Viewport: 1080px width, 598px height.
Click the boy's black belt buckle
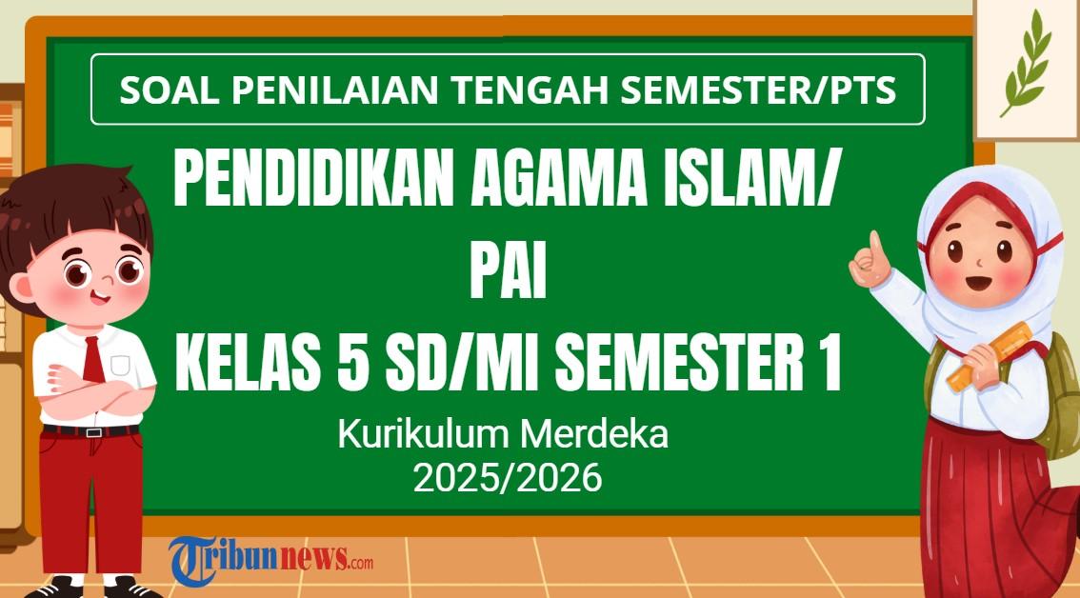click(92, 431)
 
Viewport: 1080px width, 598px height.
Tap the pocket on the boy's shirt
click(120, 365)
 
